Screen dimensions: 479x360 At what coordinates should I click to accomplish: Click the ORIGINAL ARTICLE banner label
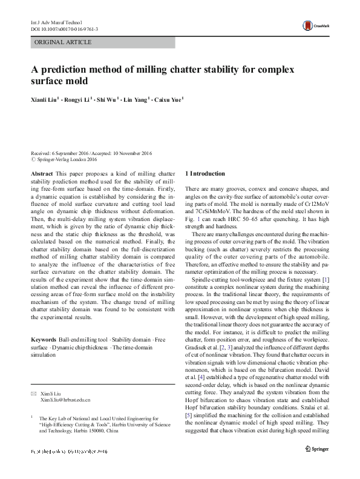[x=64, y=42]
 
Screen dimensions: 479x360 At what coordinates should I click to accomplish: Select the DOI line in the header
[x=64, y=28]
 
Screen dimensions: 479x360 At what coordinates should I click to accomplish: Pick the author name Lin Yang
[x=134, y=100]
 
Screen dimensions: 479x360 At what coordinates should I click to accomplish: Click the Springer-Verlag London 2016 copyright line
[x=67, y=160]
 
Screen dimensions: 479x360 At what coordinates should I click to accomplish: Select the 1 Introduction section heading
[x=205, y=174]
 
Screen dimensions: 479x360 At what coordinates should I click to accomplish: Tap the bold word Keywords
[x=44, y=339]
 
